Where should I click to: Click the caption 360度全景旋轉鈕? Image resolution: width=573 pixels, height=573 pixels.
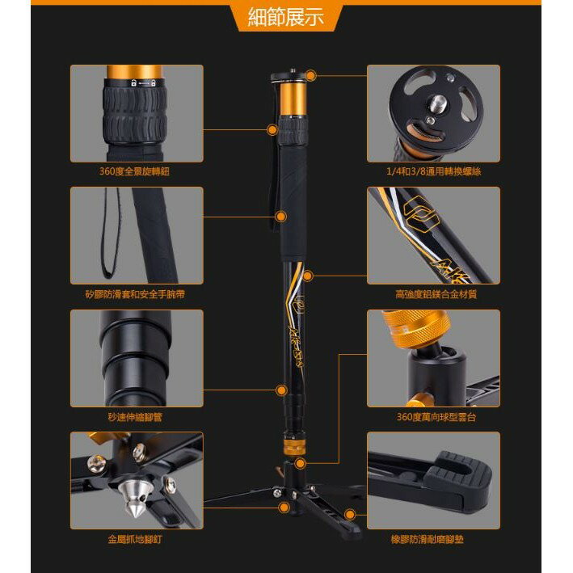135,171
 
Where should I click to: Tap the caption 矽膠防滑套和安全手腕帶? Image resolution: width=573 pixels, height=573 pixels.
135,294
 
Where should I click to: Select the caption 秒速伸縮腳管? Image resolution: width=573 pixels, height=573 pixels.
135,417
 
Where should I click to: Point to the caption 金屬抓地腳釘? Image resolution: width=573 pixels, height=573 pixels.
135,539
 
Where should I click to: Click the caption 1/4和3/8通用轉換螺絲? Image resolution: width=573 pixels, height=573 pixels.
433,171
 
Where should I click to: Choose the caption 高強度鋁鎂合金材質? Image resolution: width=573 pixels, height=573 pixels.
433,294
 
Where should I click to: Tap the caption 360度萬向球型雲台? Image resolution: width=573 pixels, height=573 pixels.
433,417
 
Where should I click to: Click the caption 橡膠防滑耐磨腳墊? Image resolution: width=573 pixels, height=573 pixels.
433,539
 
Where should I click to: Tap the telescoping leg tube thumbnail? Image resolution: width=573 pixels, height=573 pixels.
134,356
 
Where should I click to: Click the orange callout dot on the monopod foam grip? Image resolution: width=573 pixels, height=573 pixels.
281,217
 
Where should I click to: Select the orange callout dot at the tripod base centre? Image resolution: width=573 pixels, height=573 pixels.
284,508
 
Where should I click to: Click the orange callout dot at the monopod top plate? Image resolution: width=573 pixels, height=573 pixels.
310,76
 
